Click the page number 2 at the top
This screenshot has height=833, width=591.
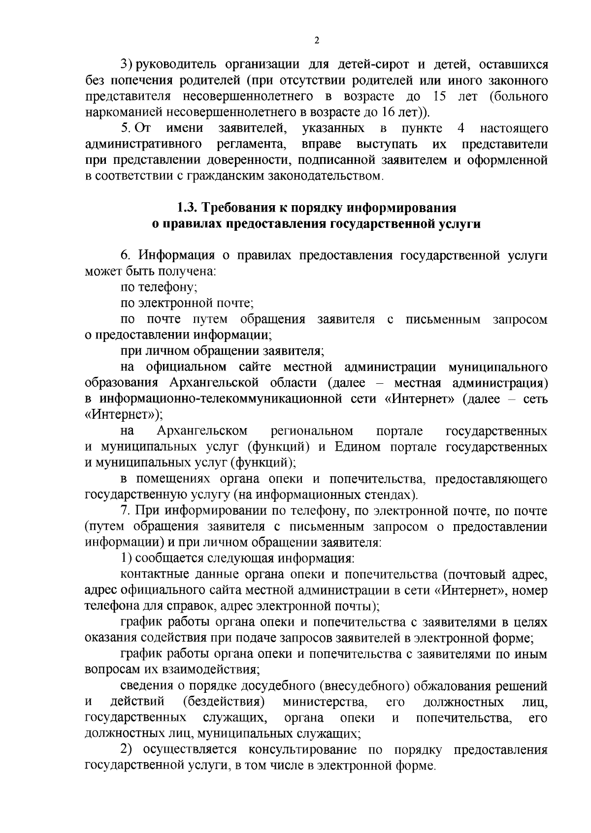[316, 41]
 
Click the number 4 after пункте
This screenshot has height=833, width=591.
[461, 129]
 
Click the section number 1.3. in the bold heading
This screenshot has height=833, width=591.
[187, 208]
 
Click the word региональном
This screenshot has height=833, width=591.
[312, 432]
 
